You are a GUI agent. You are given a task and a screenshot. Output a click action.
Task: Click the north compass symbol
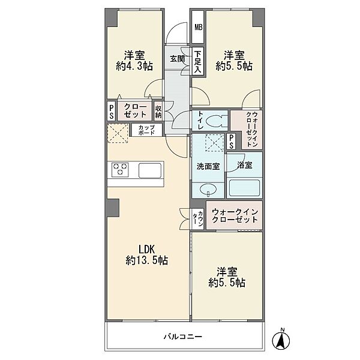(x=281, y=339)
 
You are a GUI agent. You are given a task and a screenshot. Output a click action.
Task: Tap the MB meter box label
(x=199, y=28)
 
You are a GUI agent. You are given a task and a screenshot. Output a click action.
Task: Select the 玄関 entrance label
(x=177, y=59)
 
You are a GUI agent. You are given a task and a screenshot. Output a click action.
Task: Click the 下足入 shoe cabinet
(x=198, y=62)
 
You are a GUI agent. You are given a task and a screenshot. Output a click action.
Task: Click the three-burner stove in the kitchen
(x=120, y=170)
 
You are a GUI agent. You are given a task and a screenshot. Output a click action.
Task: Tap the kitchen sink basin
(x=150, y=170)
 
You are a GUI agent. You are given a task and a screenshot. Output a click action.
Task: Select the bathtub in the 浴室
(x=245, y=188)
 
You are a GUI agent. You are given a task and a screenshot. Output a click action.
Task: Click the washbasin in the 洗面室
(x=208, y=190)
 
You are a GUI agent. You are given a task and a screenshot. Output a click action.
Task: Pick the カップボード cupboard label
(x=146, y=130)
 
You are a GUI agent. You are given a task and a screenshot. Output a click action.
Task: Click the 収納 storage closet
(x=158, y=111)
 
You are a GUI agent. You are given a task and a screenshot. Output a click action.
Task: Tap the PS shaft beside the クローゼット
(x=112, y=112)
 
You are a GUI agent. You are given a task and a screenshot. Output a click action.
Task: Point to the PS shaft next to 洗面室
(x=232, y=141)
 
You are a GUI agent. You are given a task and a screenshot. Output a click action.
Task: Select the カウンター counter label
(x=197, y=218)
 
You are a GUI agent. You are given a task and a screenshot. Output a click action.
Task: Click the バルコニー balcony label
(x=183, y=337)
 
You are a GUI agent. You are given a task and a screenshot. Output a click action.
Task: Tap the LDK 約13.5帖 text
(x=147, y=255)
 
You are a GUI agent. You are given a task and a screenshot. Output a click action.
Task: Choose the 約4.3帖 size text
(x=134, y=67)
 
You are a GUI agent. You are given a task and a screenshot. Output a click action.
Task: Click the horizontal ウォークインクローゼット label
(x=235, y=215)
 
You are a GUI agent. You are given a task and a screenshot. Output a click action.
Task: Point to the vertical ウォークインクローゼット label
(x=251, y=129)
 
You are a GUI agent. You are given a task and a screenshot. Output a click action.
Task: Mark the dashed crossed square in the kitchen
(x=118, y=133)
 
